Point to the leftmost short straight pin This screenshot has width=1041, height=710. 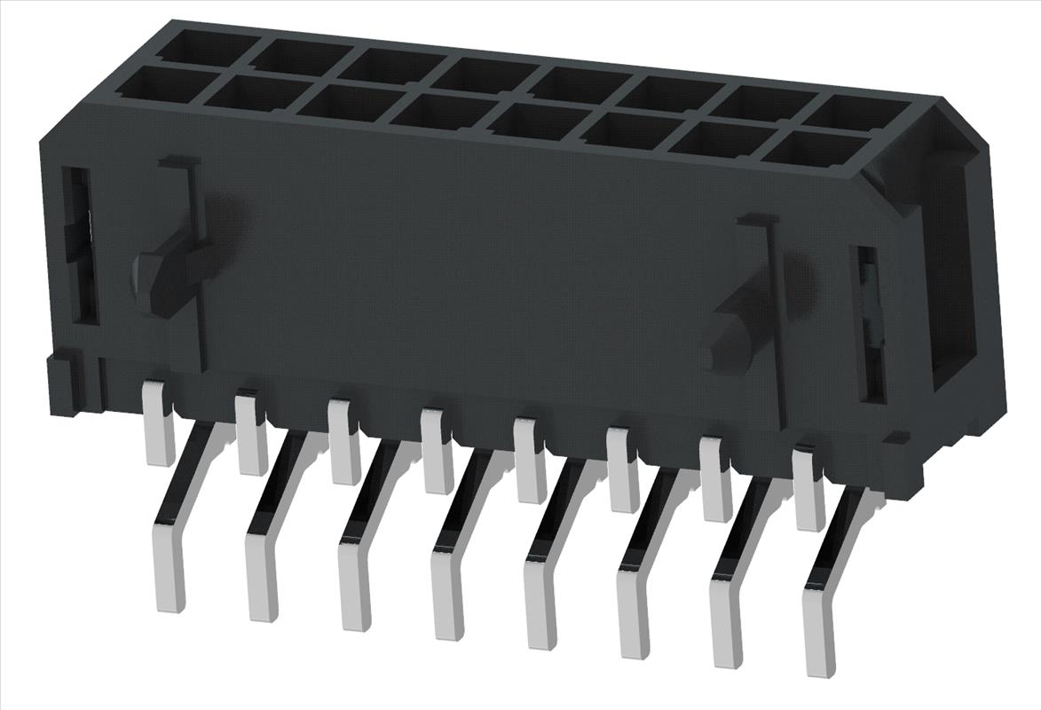click(x=159, y=422)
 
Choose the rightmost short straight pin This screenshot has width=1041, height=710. click(x=808, y=488)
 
